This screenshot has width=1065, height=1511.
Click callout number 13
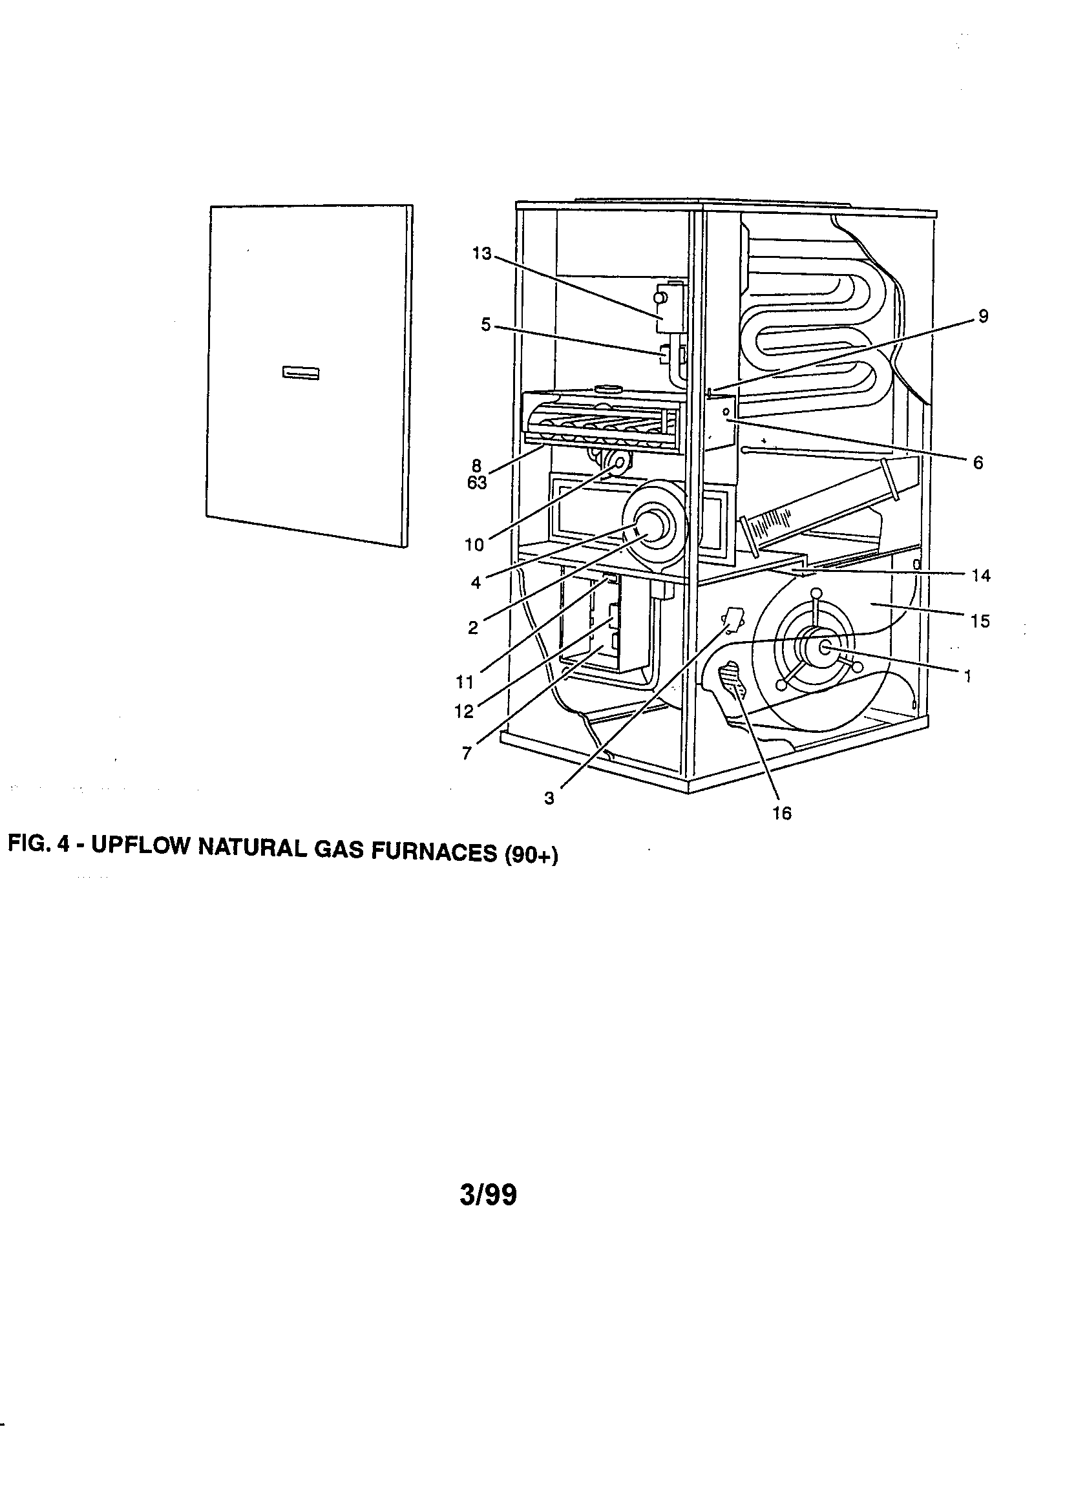(x=482, y=254)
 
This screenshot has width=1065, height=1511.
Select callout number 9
(x=983, y=317)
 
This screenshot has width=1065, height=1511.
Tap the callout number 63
(x=477, y=483)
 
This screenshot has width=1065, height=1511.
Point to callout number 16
(x=781, y=814)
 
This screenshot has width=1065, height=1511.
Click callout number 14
(x=980, y=576)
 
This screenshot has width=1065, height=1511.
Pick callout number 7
(x=467, y=754)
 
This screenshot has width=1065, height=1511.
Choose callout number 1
(x=967, y=676)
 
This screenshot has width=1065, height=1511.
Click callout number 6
(x=978, y=463)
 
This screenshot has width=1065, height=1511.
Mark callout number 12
(x=463, y=712)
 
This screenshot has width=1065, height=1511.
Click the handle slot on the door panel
(x=301, y=373)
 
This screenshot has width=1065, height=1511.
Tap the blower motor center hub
(x=824, y=648)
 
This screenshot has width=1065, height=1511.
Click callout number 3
(x=549, y=799)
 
